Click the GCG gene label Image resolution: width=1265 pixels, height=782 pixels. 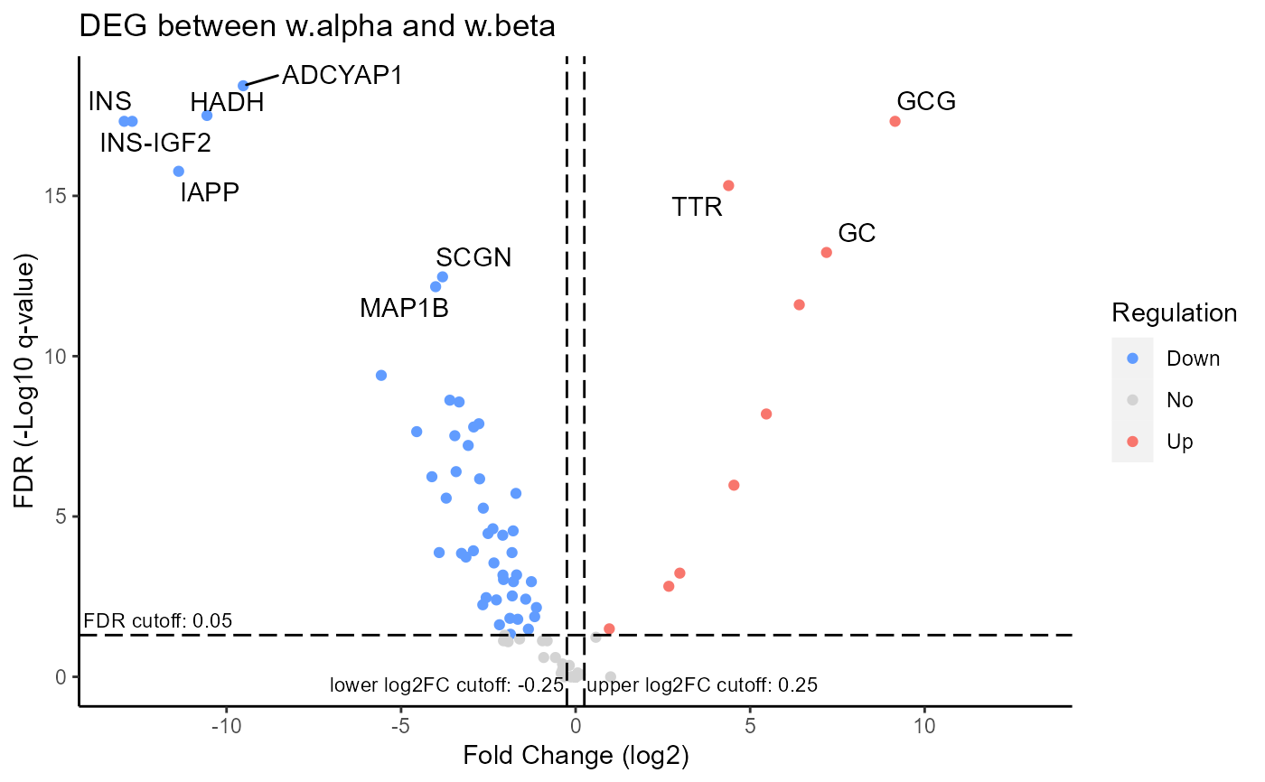click(x=926, y=101)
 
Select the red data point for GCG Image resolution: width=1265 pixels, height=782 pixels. click(x=895, y=121)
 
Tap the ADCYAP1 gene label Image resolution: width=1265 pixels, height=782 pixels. click(x=342, y=74)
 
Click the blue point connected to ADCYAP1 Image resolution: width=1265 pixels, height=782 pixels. click(x=243, y=86)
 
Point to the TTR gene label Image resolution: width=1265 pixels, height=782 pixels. click(x=698, y=208)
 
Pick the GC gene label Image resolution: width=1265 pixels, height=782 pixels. click(x=857, y=233)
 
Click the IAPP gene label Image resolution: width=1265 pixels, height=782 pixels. click(x=210, y=192)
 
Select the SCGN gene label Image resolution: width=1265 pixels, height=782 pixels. click(x=473, y=257)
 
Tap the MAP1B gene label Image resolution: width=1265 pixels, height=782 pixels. click(x=404, y=308)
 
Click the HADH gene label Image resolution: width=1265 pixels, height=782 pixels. click(x=227, y=103)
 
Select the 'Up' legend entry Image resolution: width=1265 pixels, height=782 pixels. click(x=1180, y=442)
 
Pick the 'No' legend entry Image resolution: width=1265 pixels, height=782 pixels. click(x=1180, y=400)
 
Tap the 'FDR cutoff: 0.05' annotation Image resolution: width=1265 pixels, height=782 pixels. click(x=158, y=620)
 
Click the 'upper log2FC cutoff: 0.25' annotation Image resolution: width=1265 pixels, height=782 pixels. click(x=702, y=685)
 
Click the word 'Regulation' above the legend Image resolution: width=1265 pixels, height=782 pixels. click(x=1174, y=312)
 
